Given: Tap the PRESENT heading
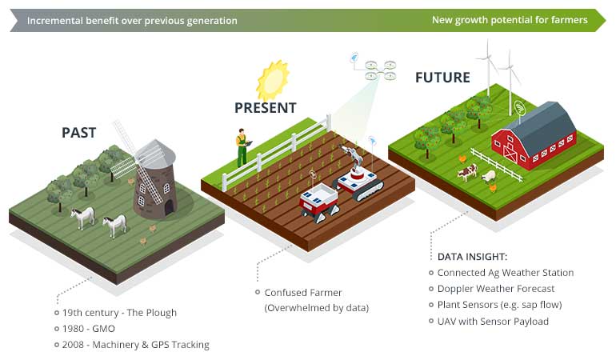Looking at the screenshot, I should (x=265, y=107).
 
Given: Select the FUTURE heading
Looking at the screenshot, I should (x=442, y=78).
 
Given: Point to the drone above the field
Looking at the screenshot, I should (x=374, y=69).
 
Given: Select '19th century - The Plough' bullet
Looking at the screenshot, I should (x=120, y=312).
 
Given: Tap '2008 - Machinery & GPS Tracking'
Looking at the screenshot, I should (x=136, y=345).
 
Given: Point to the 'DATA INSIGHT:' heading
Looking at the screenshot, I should (x=471, y=257).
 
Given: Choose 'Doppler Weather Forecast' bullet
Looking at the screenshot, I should (x=496, y=289).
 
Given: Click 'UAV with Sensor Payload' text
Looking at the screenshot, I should (x=493, y=322).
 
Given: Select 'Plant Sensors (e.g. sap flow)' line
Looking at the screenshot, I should (x=499, y=305).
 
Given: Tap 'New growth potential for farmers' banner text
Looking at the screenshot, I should (x=510, y=20).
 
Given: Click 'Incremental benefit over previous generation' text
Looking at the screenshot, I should (x=132, y=20).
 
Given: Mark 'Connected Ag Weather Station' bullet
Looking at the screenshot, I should (x=505, y=273).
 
